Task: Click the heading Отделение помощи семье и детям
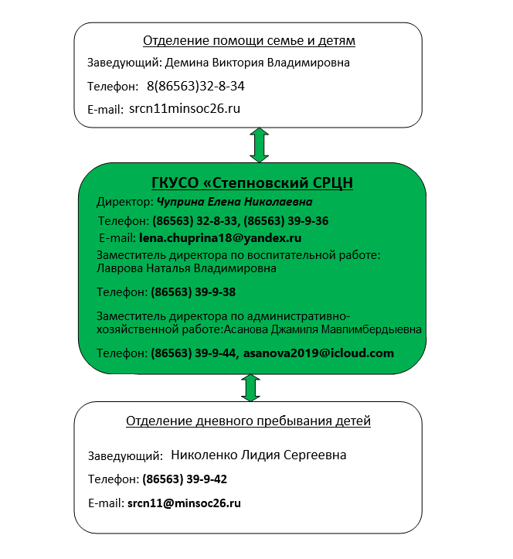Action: click(x=249, y=41)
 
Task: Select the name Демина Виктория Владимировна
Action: click(x=257, y=63)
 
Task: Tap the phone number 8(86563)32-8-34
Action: click(x=195, y=87)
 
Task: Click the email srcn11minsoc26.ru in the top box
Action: click(x=185, y=108)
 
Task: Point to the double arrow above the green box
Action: click(x=259, y=145)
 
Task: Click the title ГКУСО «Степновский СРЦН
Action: click(x=252, y=183)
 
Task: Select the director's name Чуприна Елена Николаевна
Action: click(x=235, y=202)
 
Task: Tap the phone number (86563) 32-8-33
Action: click(x=195, y=221)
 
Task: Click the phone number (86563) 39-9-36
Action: click(x=286, y=221)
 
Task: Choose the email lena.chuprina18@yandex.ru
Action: click(x=220, y=238)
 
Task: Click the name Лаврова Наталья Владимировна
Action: click(x=186, y=268)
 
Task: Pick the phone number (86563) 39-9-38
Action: click(x=193, y=292)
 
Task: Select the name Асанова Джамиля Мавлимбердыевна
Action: click(x=323, y=329)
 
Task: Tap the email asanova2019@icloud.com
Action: click(x=318, y=353)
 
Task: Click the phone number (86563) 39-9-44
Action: click(x=193, y=353)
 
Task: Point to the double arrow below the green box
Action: click(x=250, y=388)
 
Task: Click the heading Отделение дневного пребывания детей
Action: click(x=248, y=421)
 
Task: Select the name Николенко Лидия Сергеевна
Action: click(x=259, y=455)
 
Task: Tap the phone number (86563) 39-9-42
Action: click(x=185, y=479)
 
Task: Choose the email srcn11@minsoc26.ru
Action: click(x=184, y=503)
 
